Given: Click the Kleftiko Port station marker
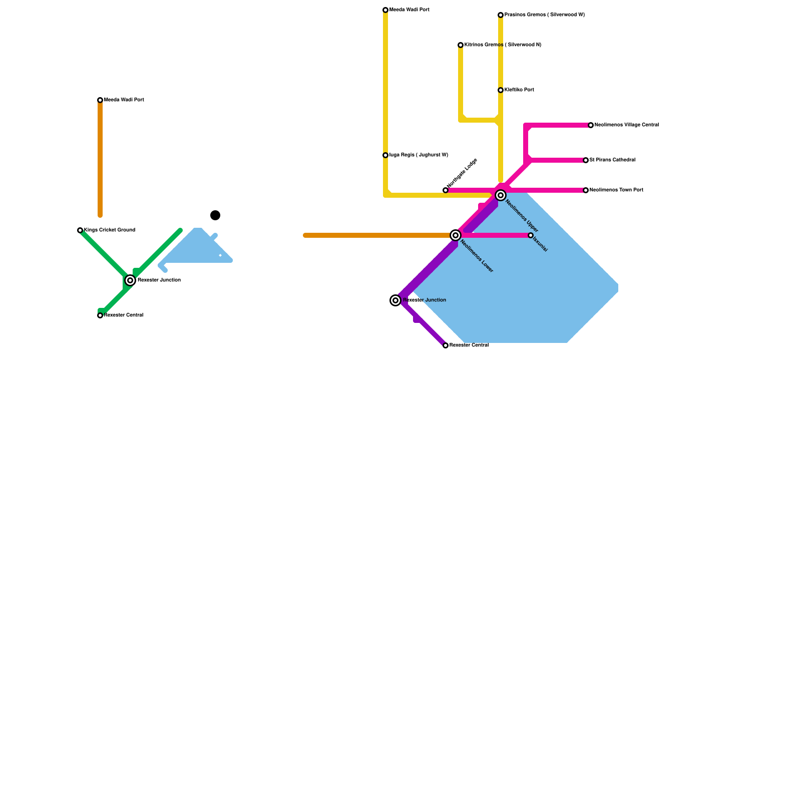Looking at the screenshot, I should coord(501,90).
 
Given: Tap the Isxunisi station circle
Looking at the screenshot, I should coord(531,235).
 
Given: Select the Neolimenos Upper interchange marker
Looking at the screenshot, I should coord(501,195).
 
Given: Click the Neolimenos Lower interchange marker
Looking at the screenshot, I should coord(456,235).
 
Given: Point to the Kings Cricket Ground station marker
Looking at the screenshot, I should coord(80,230).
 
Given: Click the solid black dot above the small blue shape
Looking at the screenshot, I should coord(215,215).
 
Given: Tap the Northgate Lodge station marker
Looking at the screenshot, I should coord(446,190).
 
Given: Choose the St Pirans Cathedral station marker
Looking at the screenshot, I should coord(586,160).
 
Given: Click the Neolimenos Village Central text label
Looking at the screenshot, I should coord(626,125).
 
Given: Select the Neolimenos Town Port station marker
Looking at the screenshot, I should coord(586,190).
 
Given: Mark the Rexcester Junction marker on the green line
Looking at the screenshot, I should coord(130,280).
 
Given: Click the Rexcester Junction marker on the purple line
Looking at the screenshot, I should coord(395,300).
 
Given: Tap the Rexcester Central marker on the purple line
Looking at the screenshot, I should coord(446,345).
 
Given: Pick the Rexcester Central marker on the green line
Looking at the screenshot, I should coord(100,315).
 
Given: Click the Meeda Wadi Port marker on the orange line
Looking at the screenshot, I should coord(100,100).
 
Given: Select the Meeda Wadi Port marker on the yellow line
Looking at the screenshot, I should coord(385,10).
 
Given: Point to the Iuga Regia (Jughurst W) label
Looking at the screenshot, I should coord(419,155).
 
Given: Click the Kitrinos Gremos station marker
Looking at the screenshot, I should coord(461,45).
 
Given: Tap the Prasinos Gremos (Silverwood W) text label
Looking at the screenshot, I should coord(544,15).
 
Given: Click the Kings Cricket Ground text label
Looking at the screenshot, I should coord(109,230).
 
